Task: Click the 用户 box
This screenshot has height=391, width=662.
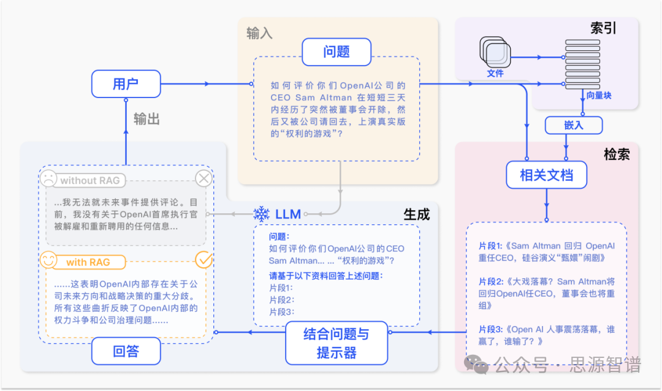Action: coord(126,84)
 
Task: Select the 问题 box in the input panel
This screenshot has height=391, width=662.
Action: coord(336,52)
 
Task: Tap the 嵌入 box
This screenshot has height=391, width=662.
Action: coord(573,125)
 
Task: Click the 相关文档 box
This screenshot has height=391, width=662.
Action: coord(546,175)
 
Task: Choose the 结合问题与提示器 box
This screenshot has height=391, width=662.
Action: coord(337,343)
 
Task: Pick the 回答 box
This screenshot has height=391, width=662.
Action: coord(126,352)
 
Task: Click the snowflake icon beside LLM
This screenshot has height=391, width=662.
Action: coord(262,214)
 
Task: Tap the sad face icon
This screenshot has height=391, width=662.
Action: coord(48,179)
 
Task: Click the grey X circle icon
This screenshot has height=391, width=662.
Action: coord(204,179)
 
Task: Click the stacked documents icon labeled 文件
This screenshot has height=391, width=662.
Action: coord(493,53)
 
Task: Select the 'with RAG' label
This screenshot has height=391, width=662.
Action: coord(88,262)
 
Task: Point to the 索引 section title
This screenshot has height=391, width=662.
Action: coord(603,28)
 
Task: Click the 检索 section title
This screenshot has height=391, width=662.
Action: coord(616,154)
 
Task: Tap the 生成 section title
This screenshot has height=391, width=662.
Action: coord(416,213)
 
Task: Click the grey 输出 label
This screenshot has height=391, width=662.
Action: coord(146,119)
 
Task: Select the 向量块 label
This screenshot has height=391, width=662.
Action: coord(598,96)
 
